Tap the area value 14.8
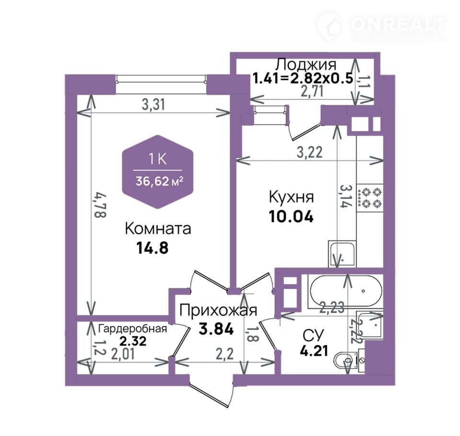coord(152,248)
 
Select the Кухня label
coord(291,197)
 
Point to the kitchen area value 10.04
coord(291,217)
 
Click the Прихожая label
coord(218,310)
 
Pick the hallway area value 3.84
coord(216,329)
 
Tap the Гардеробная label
coord(133,329)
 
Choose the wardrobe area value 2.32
coord(133,341)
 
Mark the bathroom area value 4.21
coord(313,351)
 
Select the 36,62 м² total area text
coord(159,181)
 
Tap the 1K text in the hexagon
coord(158,160)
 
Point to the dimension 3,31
coord(153,104)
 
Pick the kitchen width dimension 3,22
coord(310,152)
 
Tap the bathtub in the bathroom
coord(346,291)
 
